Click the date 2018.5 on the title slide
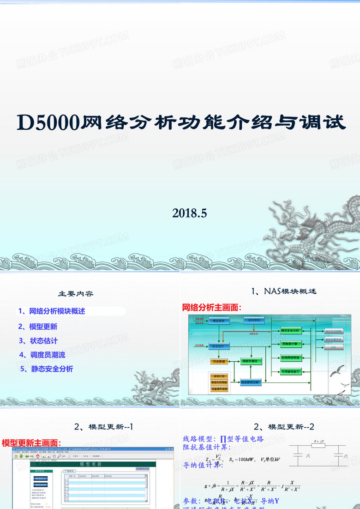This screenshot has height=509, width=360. point(190,213)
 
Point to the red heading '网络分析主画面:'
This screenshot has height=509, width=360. point(212,308)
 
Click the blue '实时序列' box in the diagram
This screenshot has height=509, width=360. point(254,320)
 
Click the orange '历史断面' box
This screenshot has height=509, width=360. point(220,361)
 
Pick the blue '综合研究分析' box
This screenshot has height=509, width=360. point(251,382)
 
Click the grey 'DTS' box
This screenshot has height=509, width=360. point(334,347)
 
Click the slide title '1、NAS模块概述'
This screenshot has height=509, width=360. point(283,291)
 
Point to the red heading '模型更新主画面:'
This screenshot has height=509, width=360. point(31,443)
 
